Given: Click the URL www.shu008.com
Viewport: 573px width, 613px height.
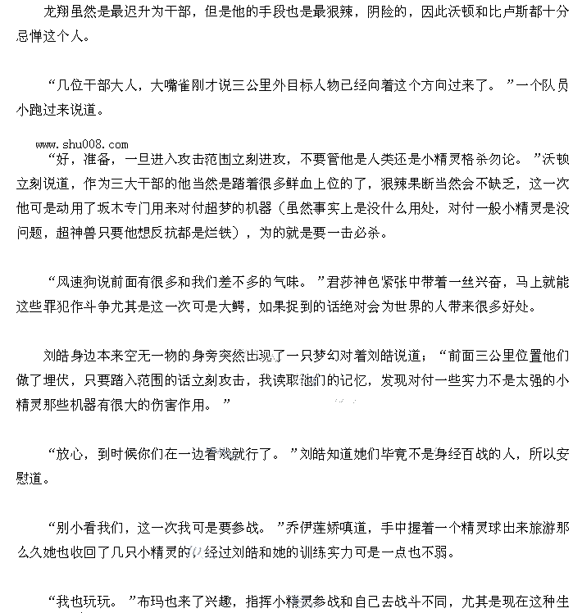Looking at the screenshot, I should [x=81, y=144].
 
